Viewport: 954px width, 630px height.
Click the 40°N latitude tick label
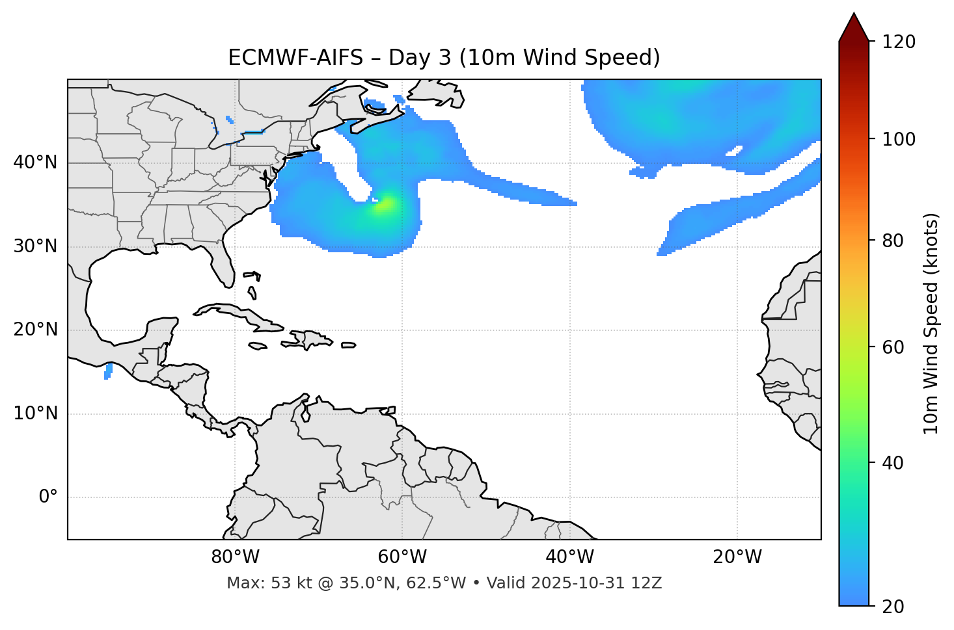[35, 163]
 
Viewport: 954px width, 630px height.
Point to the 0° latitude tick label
[48, 497]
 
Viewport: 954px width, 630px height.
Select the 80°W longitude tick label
[235, 557]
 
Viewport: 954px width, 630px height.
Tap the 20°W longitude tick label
[737, 557]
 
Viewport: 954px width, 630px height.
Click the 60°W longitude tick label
[402, 557]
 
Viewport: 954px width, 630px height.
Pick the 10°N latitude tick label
[35, 413]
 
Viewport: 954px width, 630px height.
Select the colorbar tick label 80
[896, 241]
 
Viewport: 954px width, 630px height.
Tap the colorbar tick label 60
[896, 347]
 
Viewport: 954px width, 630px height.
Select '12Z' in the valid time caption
[648, 583]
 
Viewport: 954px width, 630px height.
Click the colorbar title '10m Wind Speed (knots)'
[931, 323]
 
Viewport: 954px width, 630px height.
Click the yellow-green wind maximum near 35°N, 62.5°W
[385, 204]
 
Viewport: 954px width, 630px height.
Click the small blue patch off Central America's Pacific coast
[108, 371]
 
